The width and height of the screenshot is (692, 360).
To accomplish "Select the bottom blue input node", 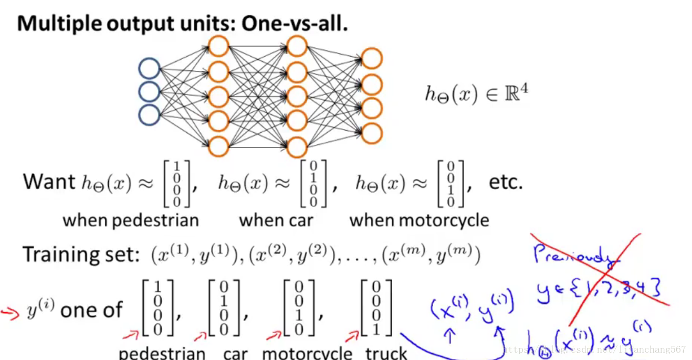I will click(x=149, y=115).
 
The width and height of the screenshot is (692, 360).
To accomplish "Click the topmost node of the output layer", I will click(x=372, y=59).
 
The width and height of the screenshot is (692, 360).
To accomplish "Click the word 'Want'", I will click(x=49, y=182).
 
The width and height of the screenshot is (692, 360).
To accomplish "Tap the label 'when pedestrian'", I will click(x=131, y=220).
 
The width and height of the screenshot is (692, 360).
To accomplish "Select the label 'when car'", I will click(x=276, y=220).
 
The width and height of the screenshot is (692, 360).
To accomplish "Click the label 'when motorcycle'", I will click(x=419, y=220).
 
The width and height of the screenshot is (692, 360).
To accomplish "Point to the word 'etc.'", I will click(x=506, y=182).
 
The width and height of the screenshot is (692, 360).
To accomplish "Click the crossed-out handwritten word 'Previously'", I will click(x=572, y=256).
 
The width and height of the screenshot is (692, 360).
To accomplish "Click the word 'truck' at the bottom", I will click(x=386, y=353).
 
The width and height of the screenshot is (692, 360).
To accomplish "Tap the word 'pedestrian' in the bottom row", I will click(x=162, y=353).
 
